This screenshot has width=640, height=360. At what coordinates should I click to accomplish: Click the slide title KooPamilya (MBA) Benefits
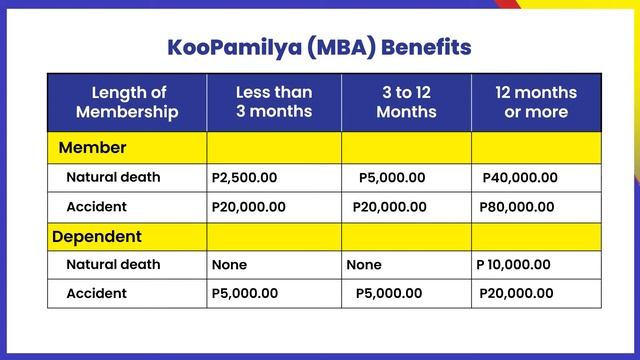(x=320, y=48)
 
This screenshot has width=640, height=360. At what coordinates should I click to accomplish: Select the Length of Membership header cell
(x=127, y=102)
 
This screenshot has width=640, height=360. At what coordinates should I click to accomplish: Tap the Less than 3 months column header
(x=274, y=102)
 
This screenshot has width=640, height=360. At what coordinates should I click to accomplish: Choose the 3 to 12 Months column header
(x=406, y=102)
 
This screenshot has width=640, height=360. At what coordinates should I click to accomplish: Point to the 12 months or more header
(x=536, y=102)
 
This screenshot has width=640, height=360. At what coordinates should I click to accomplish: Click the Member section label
(x=93, y=148)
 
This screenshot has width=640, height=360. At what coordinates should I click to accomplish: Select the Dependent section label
(x=96, y=237)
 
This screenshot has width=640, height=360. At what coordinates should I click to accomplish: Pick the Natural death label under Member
(x=112, y=178)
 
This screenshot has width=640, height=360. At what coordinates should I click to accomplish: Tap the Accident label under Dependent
(x=96, y=294)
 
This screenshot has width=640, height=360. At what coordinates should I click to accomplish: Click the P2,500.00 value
(x=245, y=178)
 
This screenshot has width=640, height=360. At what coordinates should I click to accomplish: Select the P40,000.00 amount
(x=520, y=178)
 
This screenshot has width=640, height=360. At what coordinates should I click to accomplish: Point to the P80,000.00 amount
(x=517, y=207)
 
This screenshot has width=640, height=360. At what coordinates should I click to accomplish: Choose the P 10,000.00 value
(x=513, y=265)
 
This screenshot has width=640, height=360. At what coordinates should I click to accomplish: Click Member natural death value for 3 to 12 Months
(x=392, y=178)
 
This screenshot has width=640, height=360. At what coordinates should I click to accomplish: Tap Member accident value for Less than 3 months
(x=249, y=207)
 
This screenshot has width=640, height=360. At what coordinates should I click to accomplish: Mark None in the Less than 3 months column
(x=229, y=266)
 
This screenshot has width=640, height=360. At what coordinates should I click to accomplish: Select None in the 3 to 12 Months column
(x=364, y=266)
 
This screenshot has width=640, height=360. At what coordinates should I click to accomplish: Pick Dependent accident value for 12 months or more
(x=516, y=294)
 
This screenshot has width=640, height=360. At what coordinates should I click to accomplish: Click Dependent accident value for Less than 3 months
(x=245, y=294)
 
